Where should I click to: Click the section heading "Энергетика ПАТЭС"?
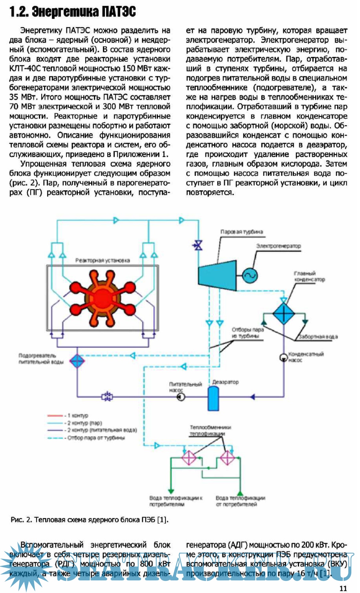(x=73, y=12)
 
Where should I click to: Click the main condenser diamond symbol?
(x=284, y=313)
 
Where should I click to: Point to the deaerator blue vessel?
(x=213, y=398)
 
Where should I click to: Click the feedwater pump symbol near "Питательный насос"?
(x=181, y=397)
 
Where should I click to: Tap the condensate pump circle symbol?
(x=283, y=357)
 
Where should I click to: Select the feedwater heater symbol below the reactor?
(x=77, y=360)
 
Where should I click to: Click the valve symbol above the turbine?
(x=199, y=246)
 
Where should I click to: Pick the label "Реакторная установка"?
(x=102, y=260)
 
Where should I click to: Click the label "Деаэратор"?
(x=225, y=382)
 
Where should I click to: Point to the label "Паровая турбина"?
(x=241, y=232)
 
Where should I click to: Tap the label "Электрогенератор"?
(x=278, y=246)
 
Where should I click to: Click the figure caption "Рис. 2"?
(x=89, y=519)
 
